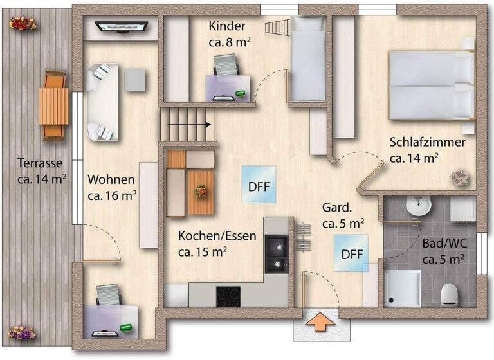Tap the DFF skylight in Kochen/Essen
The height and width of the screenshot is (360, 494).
[259, 184]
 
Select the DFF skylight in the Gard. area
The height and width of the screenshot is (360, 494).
[351, 253]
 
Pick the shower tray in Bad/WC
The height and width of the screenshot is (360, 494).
[402, 288]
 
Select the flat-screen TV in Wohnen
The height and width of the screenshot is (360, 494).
[122, 26]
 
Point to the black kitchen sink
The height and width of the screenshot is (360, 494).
[277, 253]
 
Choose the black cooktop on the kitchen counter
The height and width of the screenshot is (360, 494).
[228, 296]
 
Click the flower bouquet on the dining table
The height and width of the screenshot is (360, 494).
[201, 191]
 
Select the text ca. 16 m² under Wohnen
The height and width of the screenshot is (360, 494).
[113, 194]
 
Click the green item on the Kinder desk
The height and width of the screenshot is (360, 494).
[241, 94]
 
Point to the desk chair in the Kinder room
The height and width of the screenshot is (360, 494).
[226, 66]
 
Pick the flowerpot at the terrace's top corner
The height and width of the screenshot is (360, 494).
[22, 23]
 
